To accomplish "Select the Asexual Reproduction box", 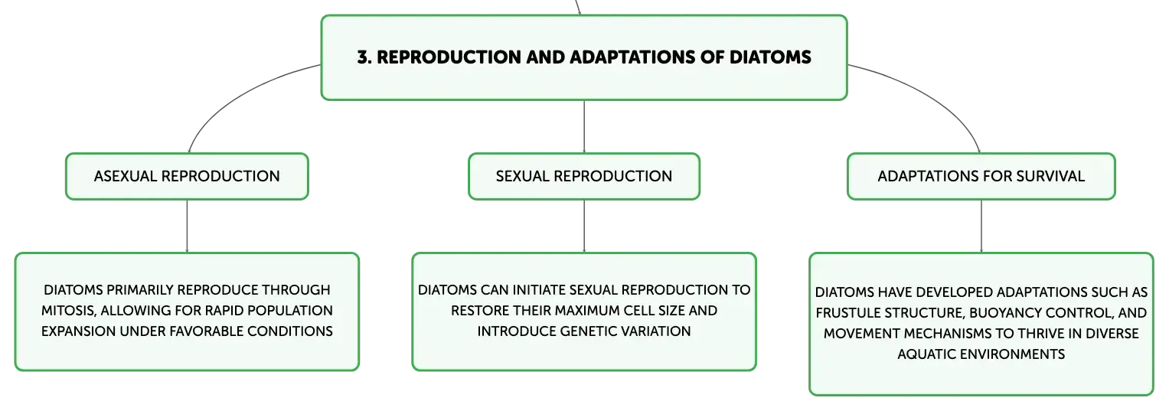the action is coord(187,176).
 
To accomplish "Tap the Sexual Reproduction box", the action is coord(584,176).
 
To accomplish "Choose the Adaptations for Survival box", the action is coord(981,176).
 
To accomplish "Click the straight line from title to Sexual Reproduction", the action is coord(584,126).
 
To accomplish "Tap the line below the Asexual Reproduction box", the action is coord(187,227).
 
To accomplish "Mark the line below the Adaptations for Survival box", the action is coord(981,227).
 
